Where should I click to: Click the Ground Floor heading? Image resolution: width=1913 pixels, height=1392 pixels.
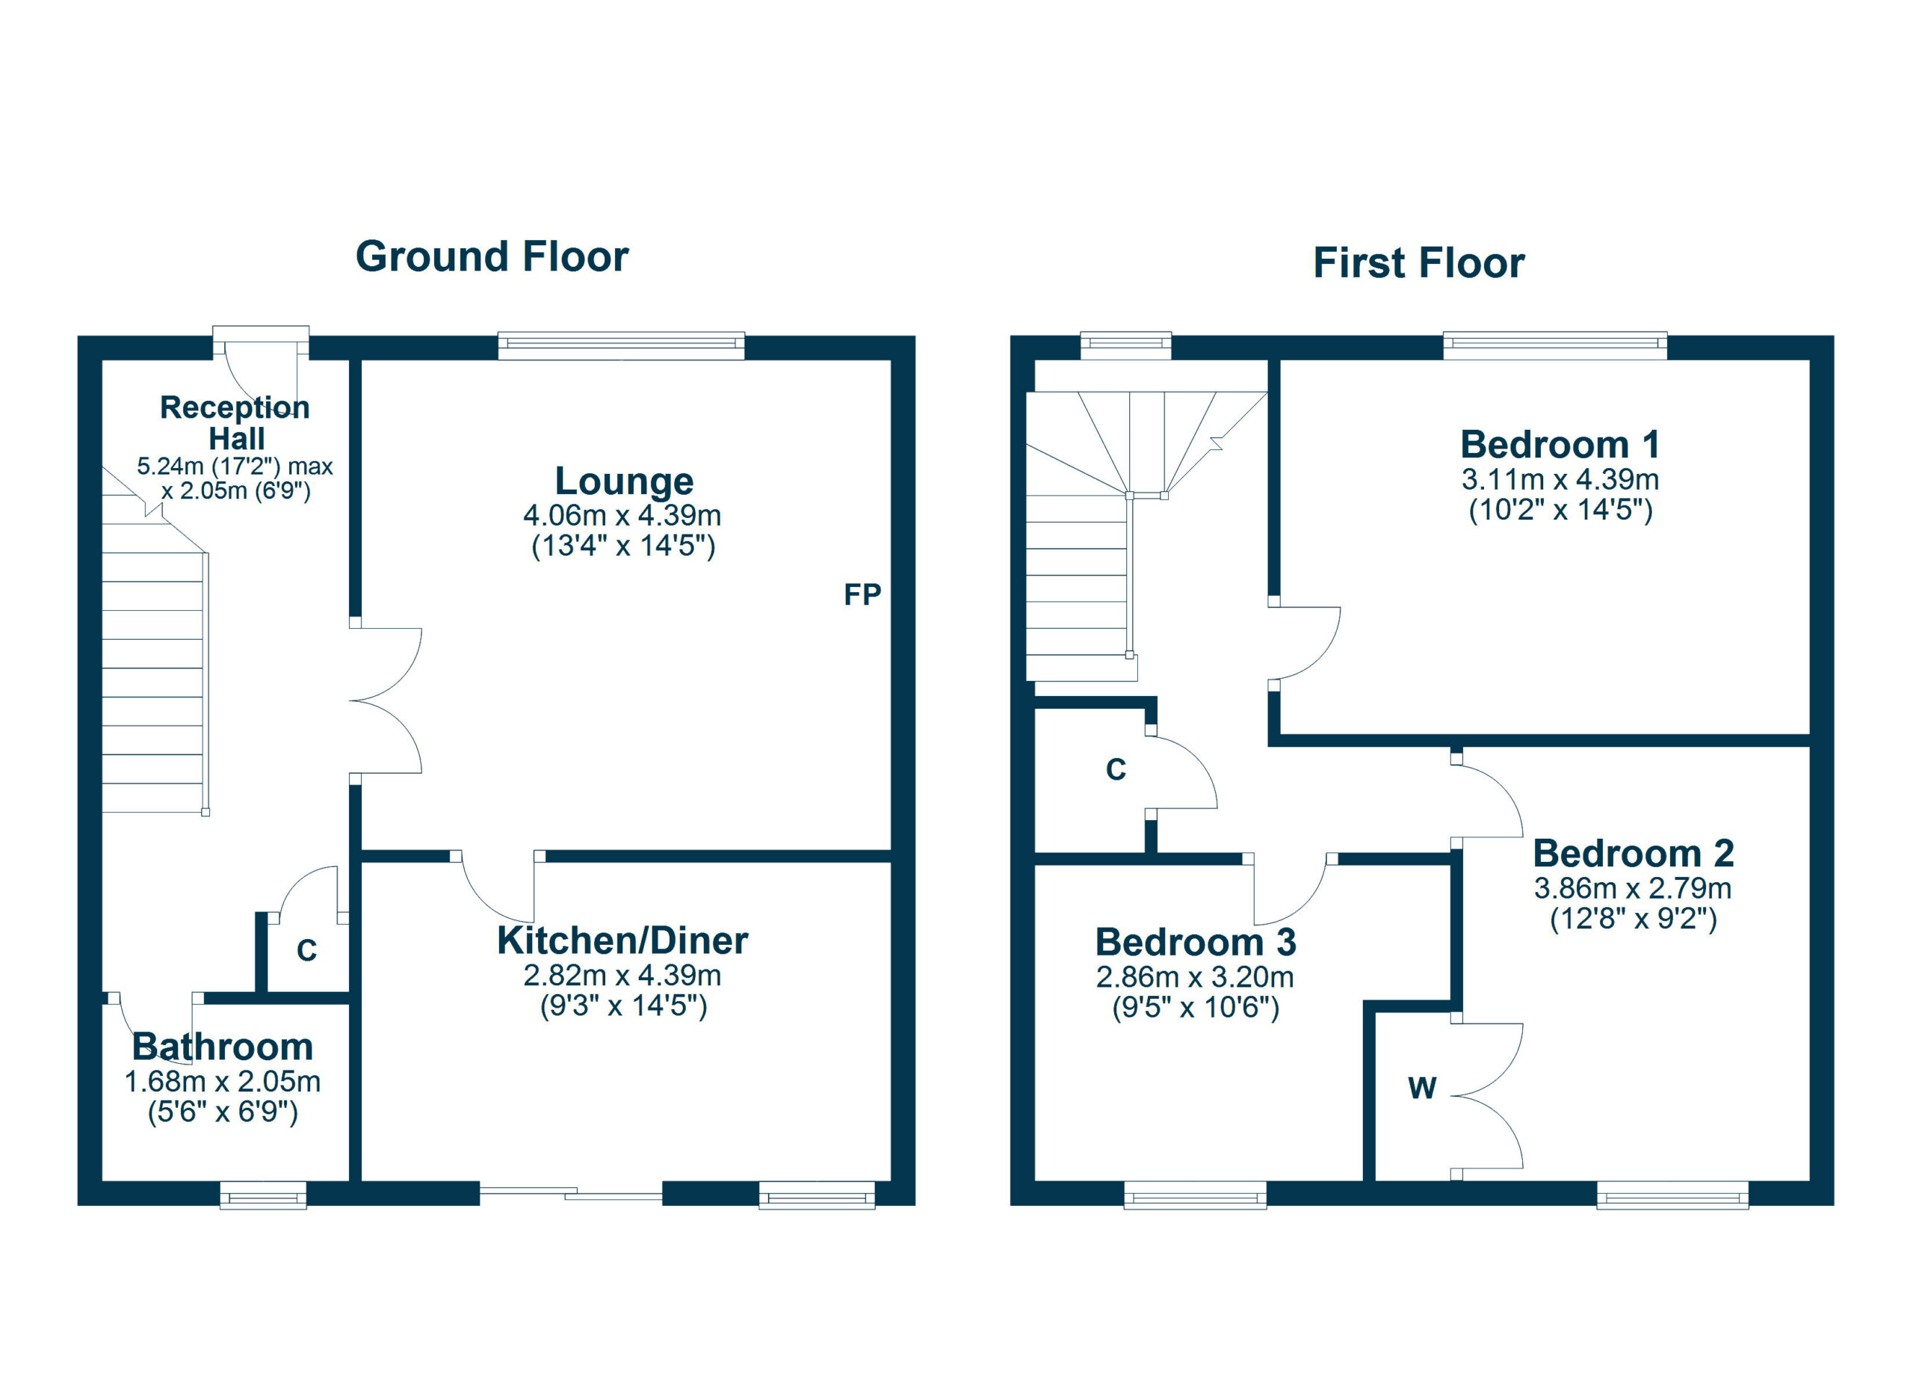492,256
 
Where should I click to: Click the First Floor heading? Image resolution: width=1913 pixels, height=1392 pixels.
1419,262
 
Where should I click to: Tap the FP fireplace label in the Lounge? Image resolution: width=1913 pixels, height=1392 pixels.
862,595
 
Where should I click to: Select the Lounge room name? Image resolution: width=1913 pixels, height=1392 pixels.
624,481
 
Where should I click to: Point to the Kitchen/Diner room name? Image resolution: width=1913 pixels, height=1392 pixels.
622,940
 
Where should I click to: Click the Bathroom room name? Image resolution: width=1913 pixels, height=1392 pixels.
223,1047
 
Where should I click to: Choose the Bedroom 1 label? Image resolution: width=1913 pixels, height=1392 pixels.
1560,445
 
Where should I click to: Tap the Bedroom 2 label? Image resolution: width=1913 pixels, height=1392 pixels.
1633,854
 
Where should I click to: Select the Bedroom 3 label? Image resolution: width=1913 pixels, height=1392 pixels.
1195,943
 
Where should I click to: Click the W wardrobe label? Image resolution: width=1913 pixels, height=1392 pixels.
1422,1088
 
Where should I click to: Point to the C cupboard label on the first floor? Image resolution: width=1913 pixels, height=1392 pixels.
1116,769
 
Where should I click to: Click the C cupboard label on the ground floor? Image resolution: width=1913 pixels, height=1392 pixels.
307,951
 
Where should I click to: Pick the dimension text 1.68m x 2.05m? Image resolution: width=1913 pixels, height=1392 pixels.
223,1082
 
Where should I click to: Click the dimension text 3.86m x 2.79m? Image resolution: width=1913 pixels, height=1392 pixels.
1633,888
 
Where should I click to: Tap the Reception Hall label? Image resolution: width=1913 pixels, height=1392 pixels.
235,422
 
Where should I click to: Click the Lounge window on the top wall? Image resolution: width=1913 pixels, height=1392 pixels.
622,346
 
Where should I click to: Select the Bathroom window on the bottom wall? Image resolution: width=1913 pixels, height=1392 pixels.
263,1195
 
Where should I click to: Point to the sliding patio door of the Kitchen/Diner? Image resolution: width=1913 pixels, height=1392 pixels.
571,1193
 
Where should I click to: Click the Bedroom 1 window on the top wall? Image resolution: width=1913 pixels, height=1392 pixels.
1555,346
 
